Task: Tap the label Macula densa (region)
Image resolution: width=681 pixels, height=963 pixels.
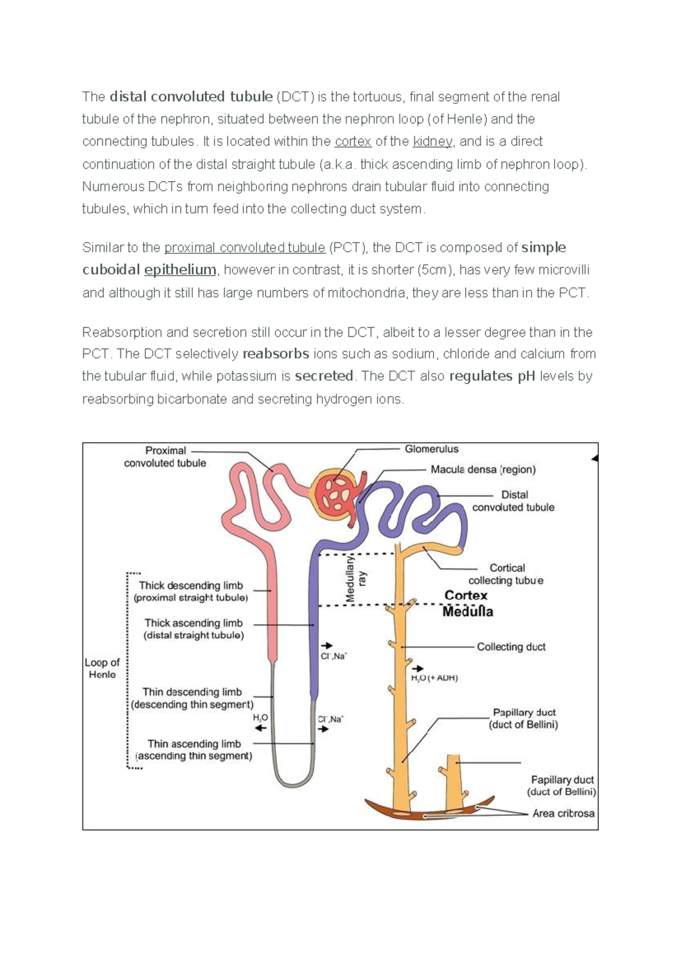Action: click(x=483, y=470)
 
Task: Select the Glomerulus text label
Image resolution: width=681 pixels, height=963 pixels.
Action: click(x=431, y=449)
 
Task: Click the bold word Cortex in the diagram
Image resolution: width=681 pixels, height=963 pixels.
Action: click(x=465, y=595)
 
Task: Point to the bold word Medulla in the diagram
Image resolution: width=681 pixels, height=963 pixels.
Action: click(x=468, y=612)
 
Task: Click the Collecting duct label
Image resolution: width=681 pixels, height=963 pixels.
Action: click(x=511, y=647)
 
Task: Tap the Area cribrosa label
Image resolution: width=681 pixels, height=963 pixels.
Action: click(x=563, y=813)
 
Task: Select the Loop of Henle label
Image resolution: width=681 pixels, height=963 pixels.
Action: click(x=102, y=668)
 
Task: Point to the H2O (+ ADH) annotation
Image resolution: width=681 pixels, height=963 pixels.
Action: click(x=434, y=678)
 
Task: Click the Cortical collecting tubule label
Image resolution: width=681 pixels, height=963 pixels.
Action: click(x=506, y=574)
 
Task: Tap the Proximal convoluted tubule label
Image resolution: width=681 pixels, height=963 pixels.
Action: click(x=165, y=457)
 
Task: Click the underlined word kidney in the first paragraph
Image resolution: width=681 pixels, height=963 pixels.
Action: click(x=432, y=141)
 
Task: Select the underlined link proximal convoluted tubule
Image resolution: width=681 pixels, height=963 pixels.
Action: click(x=245, y=248)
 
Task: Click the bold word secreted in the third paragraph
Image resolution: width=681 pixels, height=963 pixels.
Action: click(x=324, y=376)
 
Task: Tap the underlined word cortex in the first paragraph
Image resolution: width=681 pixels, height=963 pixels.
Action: click(x=353, y=141)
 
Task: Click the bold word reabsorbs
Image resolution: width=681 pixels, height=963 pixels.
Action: click(x=276, y=354)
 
